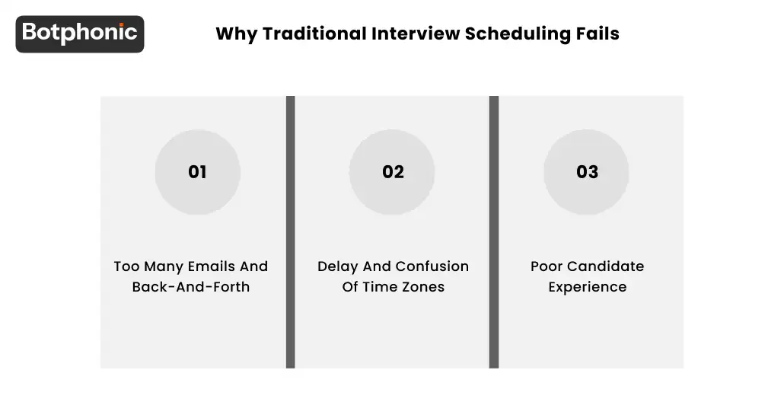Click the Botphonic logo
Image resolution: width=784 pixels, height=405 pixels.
80,33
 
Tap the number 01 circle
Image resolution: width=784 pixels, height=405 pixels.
198,172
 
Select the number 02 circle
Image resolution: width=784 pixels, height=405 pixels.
393,172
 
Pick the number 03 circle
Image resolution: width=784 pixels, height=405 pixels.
587,172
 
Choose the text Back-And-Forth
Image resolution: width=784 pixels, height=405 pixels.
191,288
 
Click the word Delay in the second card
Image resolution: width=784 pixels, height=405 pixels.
337,267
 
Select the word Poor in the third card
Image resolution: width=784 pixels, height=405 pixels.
547,267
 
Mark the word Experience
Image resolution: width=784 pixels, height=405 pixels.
588,288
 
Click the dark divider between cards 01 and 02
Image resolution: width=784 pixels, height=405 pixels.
290,232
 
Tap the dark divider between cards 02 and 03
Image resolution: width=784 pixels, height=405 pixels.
493,232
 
